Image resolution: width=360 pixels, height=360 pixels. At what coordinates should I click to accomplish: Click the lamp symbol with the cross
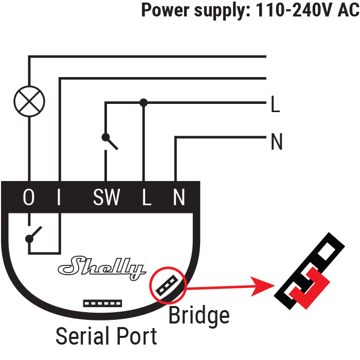click(x=29, y=101)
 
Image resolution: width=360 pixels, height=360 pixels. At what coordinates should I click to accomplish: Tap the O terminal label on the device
click(x=29, y=197)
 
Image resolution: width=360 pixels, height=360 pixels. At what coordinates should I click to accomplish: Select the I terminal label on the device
click(x=59, y=197)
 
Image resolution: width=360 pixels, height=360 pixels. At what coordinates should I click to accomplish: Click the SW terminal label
click(x=106, y=197)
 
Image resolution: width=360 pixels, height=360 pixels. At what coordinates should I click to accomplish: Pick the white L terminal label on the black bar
click(x=147, y=197)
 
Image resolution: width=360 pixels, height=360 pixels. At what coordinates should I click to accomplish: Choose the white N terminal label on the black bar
click(x=179, y=197)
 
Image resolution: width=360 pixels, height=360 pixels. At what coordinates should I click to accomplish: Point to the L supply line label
click(x=275, y=104)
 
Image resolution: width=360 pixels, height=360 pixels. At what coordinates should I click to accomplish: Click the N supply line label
click(x=277, y=141)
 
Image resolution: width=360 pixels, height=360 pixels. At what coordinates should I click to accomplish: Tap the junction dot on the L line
click(x=143, y=102)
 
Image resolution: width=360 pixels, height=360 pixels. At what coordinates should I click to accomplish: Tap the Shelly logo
click(x=102, y=268)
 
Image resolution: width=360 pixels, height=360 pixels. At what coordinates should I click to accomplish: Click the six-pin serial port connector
click(x=102, y=303)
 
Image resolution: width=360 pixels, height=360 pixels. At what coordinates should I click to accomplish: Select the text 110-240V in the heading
click(x=294, y=10)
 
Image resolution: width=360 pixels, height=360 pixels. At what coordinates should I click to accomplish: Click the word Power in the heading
click(x=165, y=10)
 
